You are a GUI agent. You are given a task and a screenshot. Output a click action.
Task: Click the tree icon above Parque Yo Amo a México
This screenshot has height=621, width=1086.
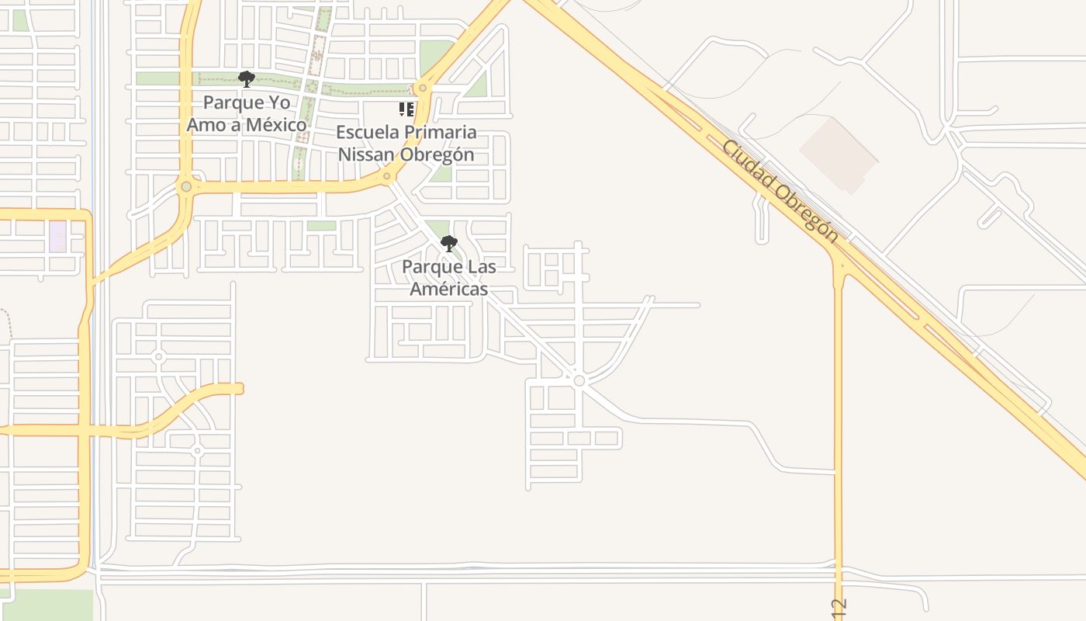(247, 78)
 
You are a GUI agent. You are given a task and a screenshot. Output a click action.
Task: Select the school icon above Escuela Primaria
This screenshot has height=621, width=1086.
(406, 109)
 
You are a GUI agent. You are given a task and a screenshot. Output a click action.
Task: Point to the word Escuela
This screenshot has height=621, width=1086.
(364, 132)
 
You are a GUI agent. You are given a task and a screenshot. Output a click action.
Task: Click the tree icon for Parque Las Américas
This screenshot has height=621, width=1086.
(448, 244)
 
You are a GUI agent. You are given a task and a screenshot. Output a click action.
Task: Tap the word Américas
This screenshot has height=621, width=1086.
(448, 289)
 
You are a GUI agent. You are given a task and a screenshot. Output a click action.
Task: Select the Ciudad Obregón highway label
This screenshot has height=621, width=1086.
(780, 191)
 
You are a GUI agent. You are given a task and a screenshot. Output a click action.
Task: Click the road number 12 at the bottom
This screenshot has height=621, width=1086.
(838, 608)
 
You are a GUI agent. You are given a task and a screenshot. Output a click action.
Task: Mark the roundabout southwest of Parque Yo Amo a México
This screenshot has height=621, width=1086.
(185, 187)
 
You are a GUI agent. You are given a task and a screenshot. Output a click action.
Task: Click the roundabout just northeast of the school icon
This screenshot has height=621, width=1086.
(422, 88)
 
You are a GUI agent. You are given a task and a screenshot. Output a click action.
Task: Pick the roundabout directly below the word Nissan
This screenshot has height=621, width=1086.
(386, 176)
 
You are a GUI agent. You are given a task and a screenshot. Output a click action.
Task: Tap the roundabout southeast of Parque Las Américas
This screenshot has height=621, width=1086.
(579, 380)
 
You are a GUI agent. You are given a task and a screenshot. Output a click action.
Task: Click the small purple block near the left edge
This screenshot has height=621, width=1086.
(57, 236)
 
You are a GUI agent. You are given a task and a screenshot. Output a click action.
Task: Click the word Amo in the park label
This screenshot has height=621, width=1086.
(204, 124)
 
